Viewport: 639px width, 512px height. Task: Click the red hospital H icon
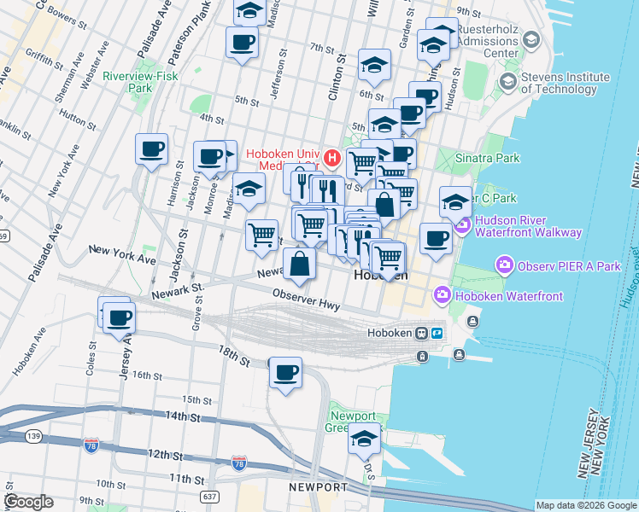click(x=331, y=159)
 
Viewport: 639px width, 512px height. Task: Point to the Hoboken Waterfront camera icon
click(x=443, y=295)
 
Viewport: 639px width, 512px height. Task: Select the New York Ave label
click(x=122, y=253)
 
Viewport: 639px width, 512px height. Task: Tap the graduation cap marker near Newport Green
click(x=365, y=439)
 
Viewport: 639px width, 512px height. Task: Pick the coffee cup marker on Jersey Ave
click(x=118, y=318)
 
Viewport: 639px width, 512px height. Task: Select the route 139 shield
click(x=33, y=436)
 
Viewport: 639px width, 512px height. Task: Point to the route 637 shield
click(x=209, y=495)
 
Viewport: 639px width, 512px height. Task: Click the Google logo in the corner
click(x=29, y=501)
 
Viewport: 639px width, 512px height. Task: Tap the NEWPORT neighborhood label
click(x=319, y=487)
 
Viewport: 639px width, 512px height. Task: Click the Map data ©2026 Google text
click(x=585, y=505)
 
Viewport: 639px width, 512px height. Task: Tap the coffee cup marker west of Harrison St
click(x=152, y=149)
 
